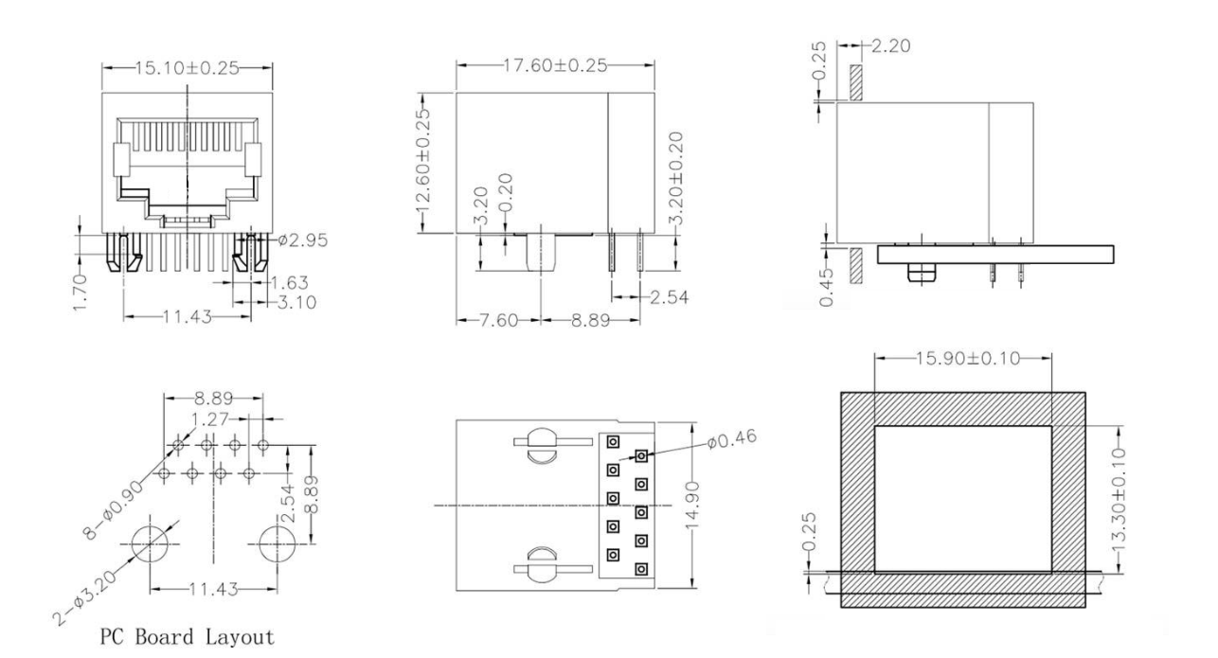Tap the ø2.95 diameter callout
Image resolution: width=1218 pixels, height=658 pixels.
tap(304, 240)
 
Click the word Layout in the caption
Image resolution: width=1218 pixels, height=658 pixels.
tap(242, 635)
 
